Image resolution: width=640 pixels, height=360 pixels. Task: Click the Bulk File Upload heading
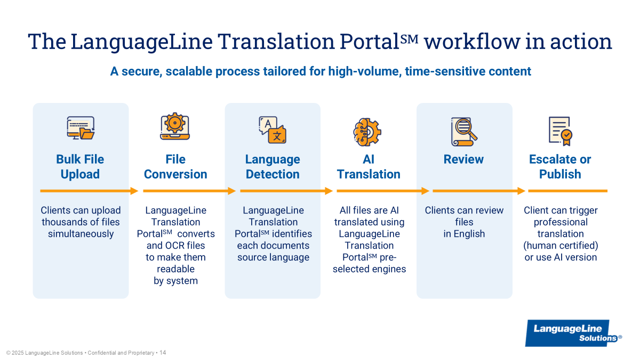(x=80, y=167)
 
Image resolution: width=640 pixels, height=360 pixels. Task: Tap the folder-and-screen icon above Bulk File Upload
(x=81, y=129)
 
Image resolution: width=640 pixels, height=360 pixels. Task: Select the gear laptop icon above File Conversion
(x=175, y=129)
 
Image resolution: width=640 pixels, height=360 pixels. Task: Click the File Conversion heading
(x=175, y=167)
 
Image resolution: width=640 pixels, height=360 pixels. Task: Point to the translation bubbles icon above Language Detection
(x=273, y=130)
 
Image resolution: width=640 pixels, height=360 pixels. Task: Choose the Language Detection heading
(x=273, y=167)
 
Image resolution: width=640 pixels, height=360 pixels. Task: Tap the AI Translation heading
(x=369, y=167)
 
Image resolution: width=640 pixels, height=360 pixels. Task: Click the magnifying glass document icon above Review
(x=463, y=131)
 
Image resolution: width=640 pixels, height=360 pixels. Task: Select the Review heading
(x=463, y=159)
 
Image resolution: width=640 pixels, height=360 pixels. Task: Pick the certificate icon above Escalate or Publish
(x=560, y=131)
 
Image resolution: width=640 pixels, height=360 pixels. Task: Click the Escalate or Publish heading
(x=560, y=167)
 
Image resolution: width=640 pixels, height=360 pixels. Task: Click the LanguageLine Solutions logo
(x=574, y=333)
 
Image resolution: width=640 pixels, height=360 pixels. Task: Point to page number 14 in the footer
(x=163, y=353)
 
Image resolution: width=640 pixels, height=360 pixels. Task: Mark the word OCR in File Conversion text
(x=175, y=245)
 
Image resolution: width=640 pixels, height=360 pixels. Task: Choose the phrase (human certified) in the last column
(x=561, y=245)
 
